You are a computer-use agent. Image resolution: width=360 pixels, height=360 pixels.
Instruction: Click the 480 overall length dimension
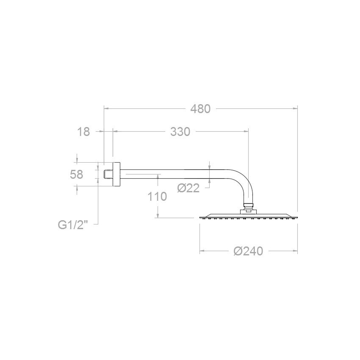click(200, 109)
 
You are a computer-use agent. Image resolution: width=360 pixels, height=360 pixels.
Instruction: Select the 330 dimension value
click(180, 132)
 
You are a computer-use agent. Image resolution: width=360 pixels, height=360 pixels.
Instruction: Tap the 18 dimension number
click(84, 132)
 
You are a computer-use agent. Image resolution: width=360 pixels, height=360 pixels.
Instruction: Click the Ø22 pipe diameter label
click(188, 188)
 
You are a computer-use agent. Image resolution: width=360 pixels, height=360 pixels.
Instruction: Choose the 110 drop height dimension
click(158, 197)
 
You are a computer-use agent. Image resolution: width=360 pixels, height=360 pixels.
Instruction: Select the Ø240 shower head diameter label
click(248, 251)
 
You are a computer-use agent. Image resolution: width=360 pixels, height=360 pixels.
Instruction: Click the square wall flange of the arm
click(116, 174)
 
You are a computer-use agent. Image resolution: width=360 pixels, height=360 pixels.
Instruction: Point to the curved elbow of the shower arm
click(244, 184)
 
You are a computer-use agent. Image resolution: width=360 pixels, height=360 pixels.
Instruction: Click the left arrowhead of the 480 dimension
click(106, 109)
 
